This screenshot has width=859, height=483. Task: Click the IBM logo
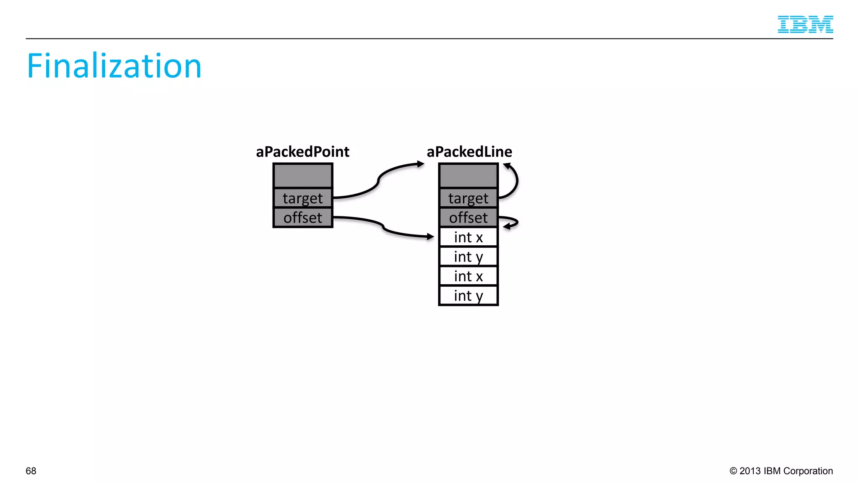coord(805,24)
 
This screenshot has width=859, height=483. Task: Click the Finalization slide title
coord(114,66)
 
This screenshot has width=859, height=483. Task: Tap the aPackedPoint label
coord(302,151)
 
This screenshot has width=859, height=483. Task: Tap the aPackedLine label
coord(469,151)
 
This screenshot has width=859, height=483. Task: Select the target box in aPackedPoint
coord(302,198)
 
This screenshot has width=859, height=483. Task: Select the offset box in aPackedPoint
coord(302,218)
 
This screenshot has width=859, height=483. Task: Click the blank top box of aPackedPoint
coord(302,176)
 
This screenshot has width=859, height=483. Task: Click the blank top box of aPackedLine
coord(468,176)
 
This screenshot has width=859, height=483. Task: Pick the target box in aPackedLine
coord(468,198)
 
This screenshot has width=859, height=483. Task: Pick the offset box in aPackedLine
coord(468,218)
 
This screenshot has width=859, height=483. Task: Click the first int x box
coord(468,237)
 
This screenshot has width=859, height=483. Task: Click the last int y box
coord(468,296)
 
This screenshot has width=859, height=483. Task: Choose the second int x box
coord(468,276)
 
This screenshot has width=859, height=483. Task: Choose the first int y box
coord(468,257)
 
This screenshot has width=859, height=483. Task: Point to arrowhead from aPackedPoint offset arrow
coord(430,237)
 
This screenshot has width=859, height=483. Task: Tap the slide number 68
coord(31,471)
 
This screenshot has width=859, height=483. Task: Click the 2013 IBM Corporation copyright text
coord(781,471)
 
